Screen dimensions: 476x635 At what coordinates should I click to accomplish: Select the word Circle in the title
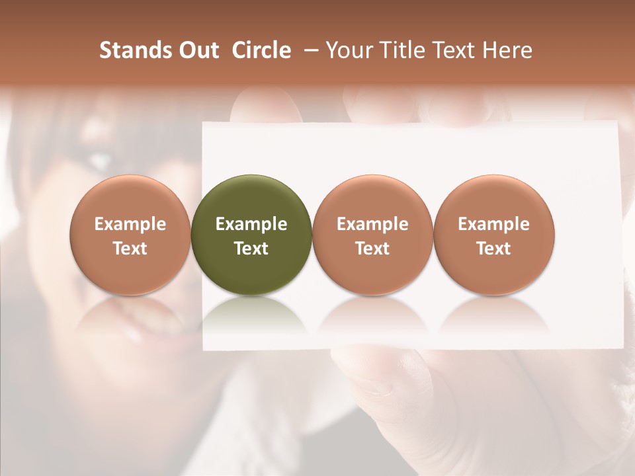[x=261, y=50]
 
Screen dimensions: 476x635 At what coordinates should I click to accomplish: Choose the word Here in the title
[x=507, y=50]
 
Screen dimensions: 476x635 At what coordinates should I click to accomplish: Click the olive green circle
[x=251, y=235]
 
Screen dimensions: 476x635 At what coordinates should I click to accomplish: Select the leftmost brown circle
[x=130, y=235]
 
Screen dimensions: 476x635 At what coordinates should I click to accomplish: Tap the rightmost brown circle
[x=494, y=235]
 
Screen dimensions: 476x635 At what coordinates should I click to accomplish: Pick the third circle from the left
[x=372, y=235]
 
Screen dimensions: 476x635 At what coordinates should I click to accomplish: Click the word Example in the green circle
[x=251, y=224]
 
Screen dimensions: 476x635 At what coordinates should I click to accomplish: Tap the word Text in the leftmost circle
[x=130, y=249]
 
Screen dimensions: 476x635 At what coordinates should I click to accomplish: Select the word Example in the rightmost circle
[x=494, y=224]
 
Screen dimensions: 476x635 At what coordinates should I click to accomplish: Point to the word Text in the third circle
[x=372, y=249]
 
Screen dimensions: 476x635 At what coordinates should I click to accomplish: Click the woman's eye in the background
[x=99, y=159]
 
